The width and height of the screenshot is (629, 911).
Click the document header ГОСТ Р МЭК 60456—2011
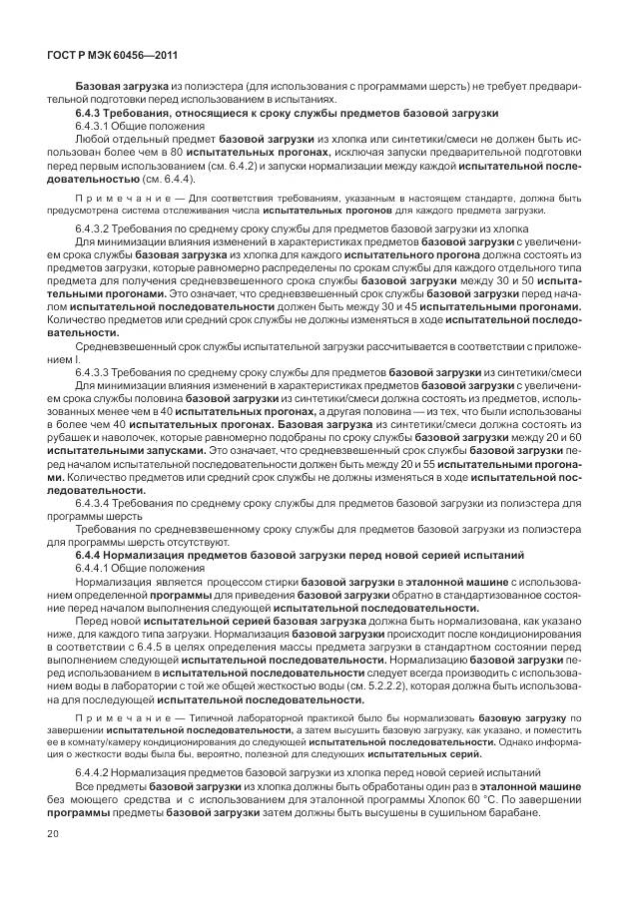coord(107,57)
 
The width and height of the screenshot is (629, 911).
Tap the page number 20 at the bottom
coord(53,833)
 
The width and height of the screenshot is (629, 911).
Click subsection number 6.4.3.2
coord(97,228)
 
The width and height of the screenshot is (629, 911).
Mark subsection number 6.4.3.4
coord(97,504)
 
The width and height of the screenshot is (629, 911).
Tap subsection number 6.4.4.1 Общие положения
coord(97,566)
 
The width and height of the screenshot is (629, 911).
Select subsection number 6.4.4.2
coord(97,773)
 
